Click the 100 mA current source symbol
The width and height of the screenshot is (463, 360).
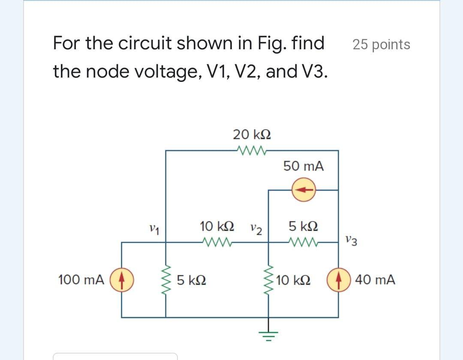(122, 280)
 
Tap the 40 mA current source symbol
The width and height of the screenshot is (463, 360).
(338, 280)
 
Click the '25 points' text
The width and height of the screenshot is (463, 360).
(382, 45)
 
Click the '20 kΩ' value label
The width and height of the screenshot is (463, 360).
(252, 135)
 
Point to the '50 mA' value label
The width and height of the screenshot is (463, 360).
(304, 166)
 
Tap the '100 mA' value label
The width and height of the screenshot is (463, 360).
(81, 280)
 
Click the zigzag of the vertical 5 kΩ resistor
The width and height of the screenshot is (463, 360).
(166, 280)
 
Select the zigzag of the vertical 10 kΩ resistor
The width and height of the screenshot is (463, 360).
(270, 280)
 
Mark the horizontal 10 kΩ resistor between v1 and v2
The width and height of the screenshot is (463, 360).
(217, 243)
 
